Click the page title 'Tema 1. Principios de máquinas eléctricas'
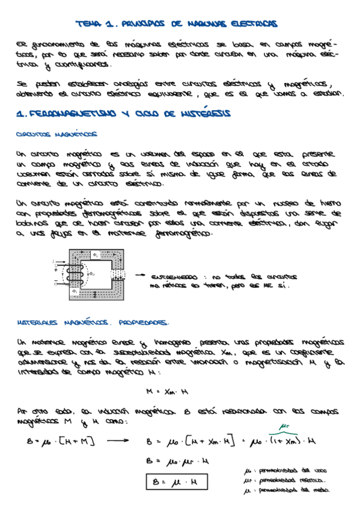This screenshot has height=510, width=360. tap(176, 24)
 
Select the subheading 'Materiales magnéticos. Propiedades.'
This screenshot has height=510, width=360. tap(93, 322)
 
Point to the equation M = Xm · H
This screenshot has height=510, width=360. tap(167, 392)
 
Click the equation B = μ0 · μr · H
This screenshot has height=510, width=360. tap(170, 462)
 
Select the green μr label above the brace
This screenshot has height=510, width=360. tap(280, 428)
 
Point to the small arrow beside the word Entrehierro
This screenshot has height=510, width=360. tap(141, 275)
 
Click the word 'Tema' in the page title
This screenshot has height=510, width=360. tap(88, 24)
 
